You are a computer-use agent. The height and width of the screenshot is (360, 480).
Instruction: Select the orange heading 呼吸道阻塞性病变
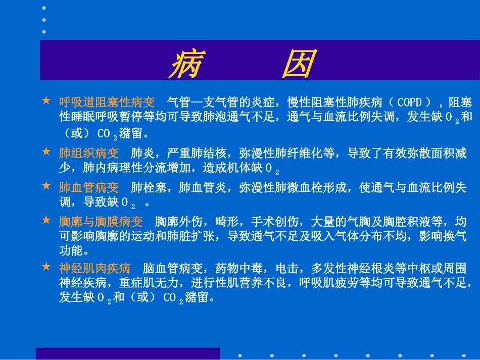(x=107, y=102)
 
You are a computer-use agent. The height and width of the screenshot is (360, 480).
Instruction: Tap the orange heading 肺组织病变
(x=88, y=153)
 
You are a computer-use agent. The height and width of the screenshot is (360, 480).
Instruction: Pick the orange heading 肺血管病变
(x=88, y=188)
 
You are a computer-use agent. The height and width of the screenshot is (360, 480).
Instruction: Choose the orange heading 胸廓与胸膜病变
(x=101, y=222)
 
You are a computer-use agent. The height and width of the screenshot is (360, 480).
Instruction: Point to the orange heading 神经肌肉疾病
(x=94, y=268)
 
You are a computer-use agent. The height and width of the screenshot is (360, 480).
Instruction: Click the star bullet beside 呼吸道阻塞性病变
(x=46, y=101)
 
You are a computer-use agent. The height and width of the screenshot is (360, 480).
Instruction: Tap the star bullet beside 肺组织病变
(x=46, y=151)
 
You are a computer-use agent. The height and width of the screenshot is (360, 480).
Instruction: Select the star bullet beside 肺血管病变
(x=46, y=186)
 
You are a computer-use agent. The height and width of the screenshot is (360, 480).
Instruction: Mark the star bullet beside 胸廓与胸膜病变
(x=46, y=221)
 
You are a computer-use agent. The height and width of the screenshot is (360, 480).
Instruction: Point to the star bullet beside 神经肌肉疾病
(x=46, y=267)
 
